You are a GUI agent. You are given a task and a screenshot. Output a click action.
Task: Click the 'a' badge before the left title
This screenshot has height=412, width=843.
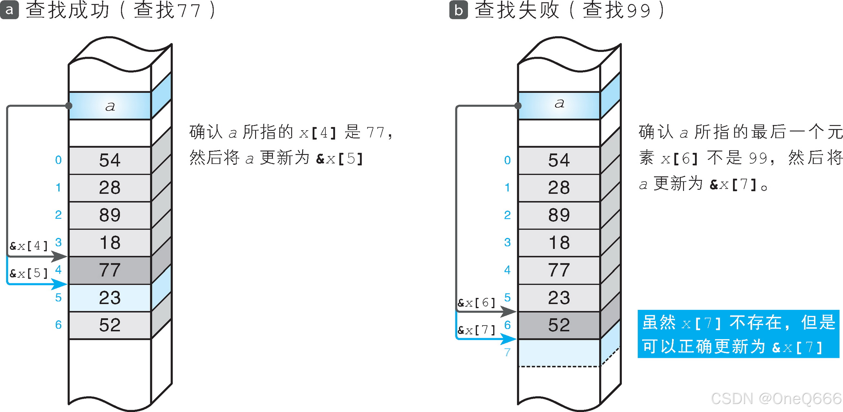pos(9,10)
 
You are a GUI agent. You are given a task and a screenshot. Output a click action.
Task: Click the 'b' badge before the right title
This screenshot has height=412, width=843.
pos(458,10)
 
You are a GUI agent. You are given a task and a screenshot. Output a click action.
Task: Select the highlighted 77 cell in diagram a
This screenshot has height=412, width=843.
pos(110,270)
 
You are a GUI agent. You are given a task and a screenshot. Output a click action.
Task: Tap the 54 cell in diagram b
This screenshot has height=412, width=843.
pos(559,160)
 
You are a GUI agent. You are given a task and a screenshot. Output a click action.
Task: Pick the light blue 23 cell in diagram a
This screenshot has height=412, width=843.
pos(110,298)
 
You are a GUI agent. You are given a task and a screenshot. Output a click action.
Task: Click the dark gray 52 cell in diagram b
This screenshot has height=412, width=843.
pos(559,325)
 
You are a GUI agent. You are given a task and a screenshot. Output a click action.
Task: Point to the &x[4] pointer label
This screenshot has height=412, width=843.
pos(29,246)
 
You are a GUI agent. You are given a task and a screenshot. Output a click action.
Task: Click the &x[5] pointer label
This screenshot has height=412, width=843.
pos(29,273)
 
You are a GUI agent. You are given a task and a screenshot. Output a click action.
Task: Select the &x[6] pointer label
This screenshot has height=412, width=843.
pos(476,303)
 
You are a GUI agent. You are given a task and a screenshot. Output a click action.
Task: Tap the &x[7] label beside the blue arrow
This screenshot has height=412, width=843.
pos(476,330)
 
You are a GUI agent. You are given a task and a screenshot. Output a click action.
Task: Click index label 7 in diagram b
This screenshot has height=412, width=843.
pos(507,352)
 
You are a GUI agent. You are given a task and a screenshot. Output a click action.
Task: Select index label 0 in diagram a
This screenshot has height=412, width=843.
pos(58,160)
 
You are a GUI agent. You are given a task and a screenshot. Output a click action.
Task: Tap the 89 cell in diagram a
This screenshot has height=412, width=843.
pos(110,215)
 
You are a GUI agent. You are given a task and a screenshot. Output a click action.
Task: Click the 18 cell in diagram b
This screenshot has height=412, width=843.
pos(559,243)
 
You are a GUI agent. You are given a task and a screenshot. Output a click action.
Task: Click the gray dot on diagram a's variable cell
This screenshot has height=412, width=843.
pos(69,106)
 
